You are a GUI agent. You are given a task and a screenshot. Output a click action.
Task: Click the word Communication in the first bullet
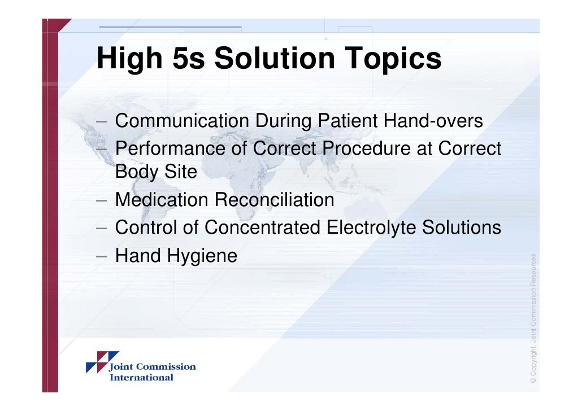pos(182,121)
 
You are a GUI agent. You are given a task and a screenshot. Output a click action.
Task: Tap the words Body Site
pos(156,172)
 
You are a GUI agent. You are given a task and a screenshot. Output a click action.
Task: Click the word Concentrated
pos(263,228)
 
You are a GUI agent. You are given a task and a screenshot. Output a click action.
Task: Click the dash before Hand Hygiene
pos(102,257)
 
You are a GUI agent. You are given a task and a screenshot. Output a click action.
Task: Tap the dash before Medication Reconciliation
pos(102,200)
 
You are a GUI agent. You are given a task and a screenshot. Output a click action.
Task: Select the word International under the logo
pos(141,377)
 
